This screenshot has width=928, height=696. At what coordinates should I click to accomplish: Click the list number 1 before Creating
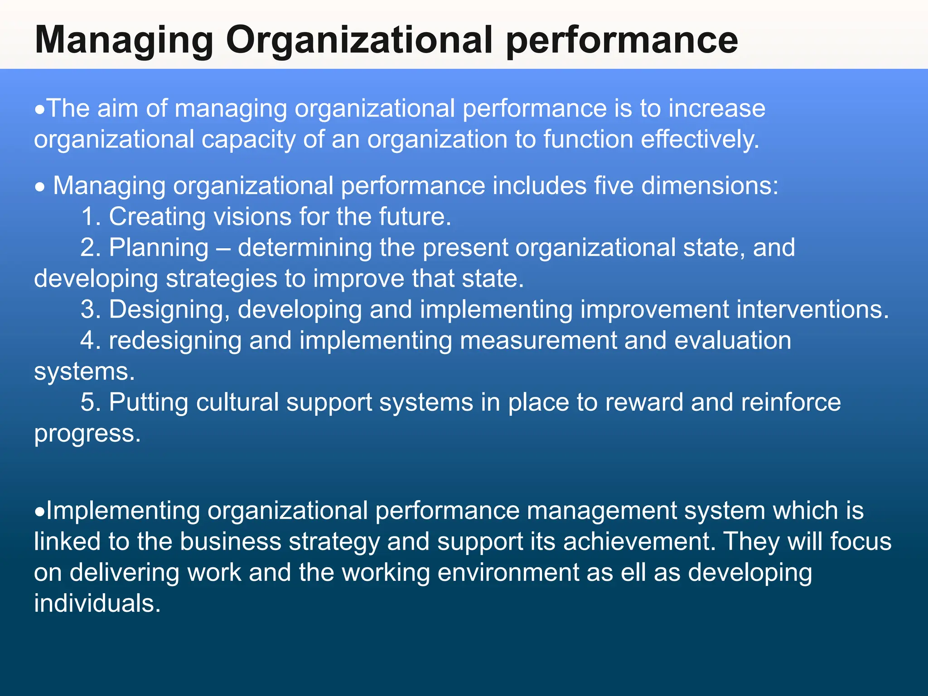(x=90, y=217)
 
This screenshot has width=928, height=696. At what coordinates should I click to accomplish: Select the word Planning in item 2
(x=159, y=248)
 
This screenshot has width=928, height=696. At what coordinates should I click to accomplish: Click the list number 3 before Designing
(x=90, y=309)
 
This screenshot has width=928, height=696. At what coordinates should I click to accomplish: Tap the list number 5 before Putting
(x=90, y=402)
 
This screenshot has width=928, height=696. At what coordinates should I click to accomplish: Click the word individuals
(x=97, y=604)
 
